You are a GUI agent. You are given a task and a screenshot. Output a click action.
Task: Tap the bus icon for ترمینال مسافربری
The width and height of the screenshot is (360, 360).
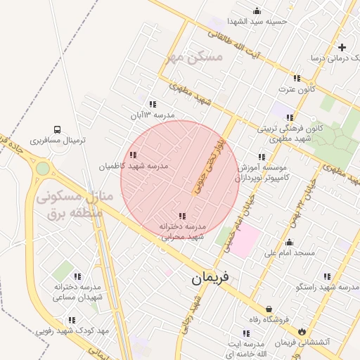[x=56, y=129]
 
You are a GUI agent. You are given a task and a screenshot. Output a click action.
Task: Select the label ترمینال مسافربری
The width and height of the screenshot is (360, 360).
[x=57, y=141]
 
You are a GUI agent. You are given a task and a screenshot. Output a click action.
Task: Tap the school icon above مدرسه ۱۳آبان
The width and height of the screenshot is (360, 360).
[x=153, y=104]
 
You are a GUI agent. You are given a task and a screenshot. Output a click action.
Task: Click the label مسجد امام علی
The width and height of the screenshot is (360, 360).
[x=289, y=252]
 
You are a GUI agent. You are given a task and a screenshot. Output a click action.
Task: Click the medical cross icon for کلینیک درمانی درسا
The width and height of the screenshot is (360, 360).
[x=342, y=48]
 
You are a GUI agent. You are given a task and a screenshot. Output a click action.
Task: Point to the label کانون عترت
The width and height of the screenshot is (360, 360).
[x=296, y=89]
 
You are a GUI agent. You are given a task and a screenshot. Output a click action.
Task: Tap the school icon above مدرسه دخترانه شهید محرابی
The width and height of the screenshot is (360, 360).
[x=182, y=216]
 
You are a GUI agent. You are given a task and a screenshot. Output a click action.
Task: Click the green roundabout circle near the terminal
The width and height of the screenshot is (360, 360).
[x=43, y=169]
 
